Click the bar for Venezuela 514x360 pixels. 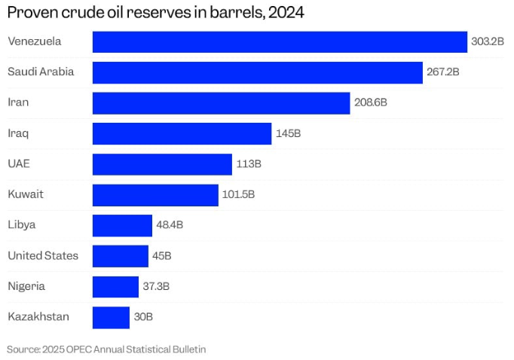(x=280, y=41)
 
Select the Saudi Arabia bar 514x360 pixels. (x=257, y=72)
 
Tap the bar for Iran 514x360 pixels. (x=221, y=103)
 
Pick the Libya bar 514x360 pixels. (x=122, y=225)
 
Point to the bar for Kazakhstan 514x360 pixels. (x=111, y=317)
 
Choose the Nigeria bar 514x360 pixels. (x=115, y=286)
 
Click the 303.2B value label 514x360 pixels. (x=487, y=41)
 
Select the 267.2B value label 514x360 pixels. (x=442, y=72)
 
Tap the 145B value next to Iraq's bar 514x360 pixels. (x=288, y=133)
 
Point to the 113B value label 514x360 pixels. (x=248, y=164)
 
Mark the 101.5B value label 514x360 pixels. (x=238, y=194)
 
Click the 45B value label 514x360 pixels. (x=162, y=256)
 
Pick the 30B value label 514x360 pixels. (x=143, y=317)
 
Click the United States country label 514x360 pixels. (x=43, y=255)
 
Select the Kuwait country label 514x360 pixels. (x=26, y=194)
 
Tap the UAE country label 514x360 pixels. (x=19, y=163)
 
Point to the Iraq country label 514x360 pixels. (x=18, y=133)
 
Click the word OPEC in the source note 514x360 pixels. (x=76, y=349)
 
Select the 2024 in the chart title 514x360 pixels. (x=287, y=14)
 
